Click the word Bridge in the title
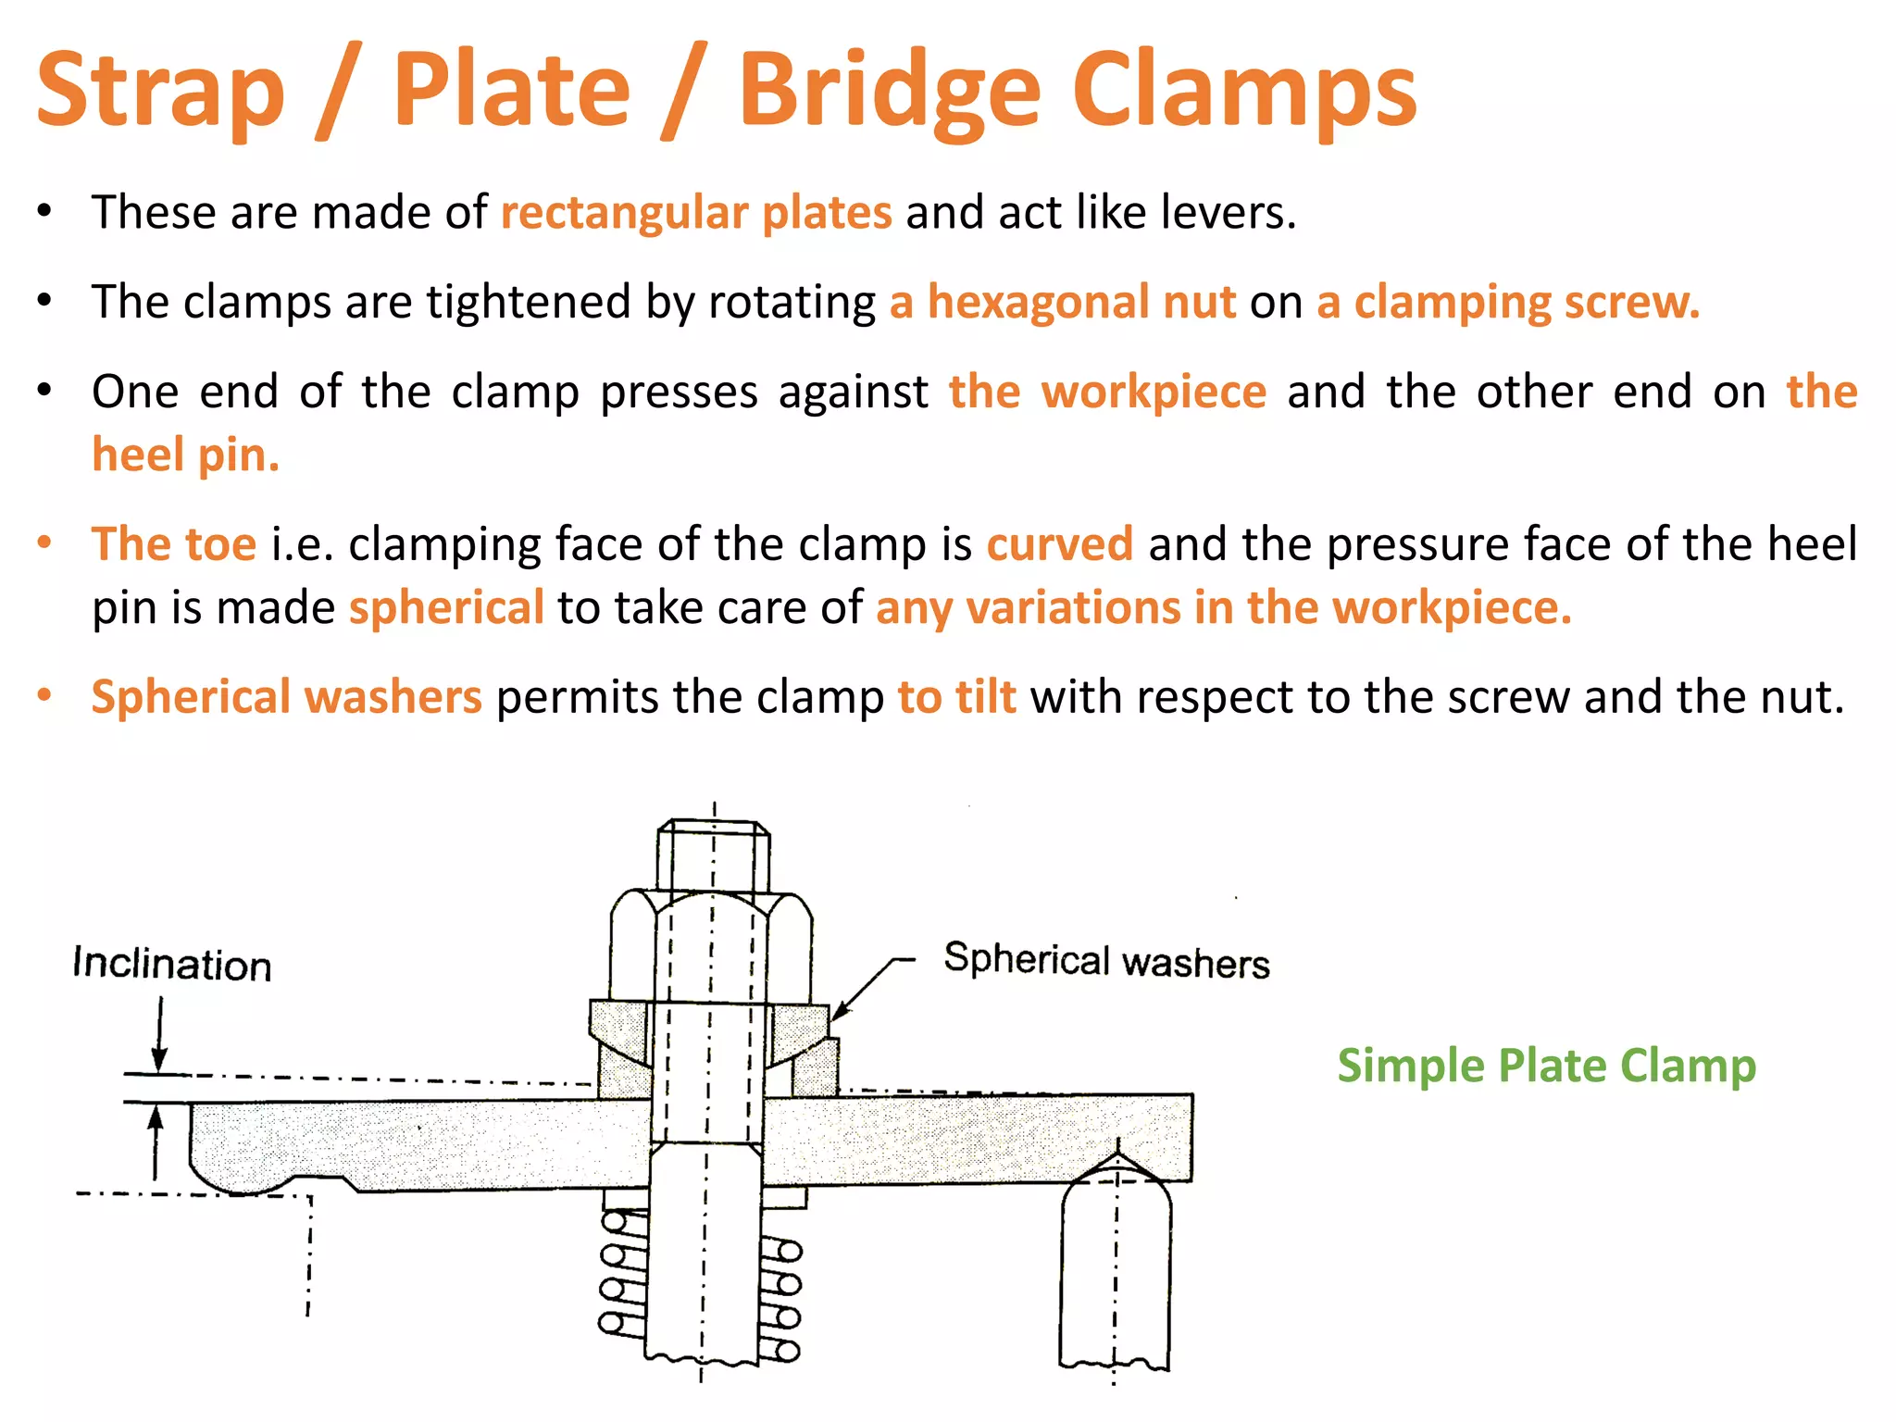point(890,91)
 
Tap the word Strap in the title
point(160,91)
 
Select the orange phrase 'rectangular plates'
point(696,212)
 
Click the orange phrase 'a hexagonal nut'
point(1063,302)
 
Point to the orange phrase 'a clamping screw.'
point(1508,302)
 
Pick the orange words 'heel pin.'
point(185,455)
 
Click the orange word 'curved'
point(1059,543)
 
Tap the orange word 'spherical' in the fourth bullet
point(446,607)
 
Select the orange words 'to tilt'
point(956,696)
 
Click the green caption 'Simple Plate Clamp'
point(1546,1065)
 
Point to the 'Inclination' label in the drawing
point(172,964)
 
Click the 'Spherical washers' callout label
point(1106,960)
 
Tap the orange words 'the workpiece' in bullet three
point(1107,392)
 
